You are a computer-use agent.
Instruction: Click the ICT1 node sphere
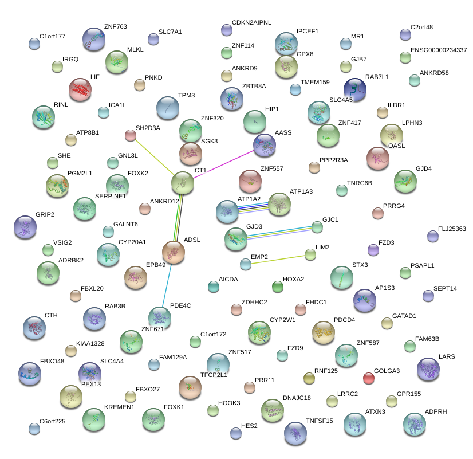coord(183,183)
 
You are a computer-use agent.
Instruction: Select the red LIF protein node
coord(80,89)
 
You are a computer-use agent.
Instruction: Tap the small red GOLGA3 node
coord(369,378)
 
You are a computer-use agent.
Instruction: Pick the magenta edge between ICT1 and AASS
coord(223,166)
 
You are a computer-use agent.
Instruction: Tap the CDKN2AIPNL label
coord(251,22)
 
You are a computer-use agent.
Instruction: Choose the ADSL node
coord(174,251)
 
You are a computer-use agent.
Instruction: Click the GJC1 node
coord(317,227)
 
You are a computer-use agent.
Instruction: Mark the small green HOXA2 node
coord(278,287)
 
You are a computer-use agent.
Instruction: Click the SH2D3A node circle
coord(131,135)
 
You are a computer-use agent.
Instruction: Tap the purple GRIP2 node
coord(25,227)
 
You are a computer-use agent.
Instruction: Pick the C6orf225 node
coord(34,428)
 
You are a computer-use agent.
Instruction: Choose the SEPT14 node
coord(428,296)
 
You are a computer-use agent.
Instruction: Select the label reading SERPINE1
coord(111,196)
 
